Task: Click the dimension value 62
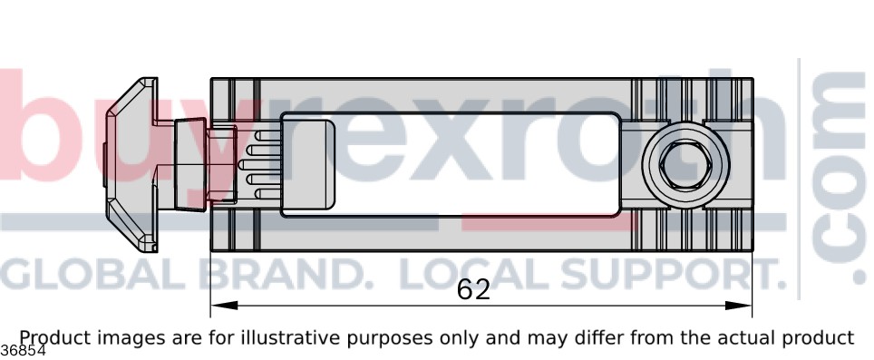(x=473, y=290)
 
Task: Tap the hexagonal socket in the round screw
(x=685, y=165)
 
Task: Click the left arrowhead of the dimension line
(x=224, y=306)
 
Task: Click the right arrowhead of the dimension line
(x=738, y=306)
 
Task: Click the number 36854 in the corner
(x=23, y=351)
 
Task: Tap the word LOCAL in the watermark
(x=476, y=274)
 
